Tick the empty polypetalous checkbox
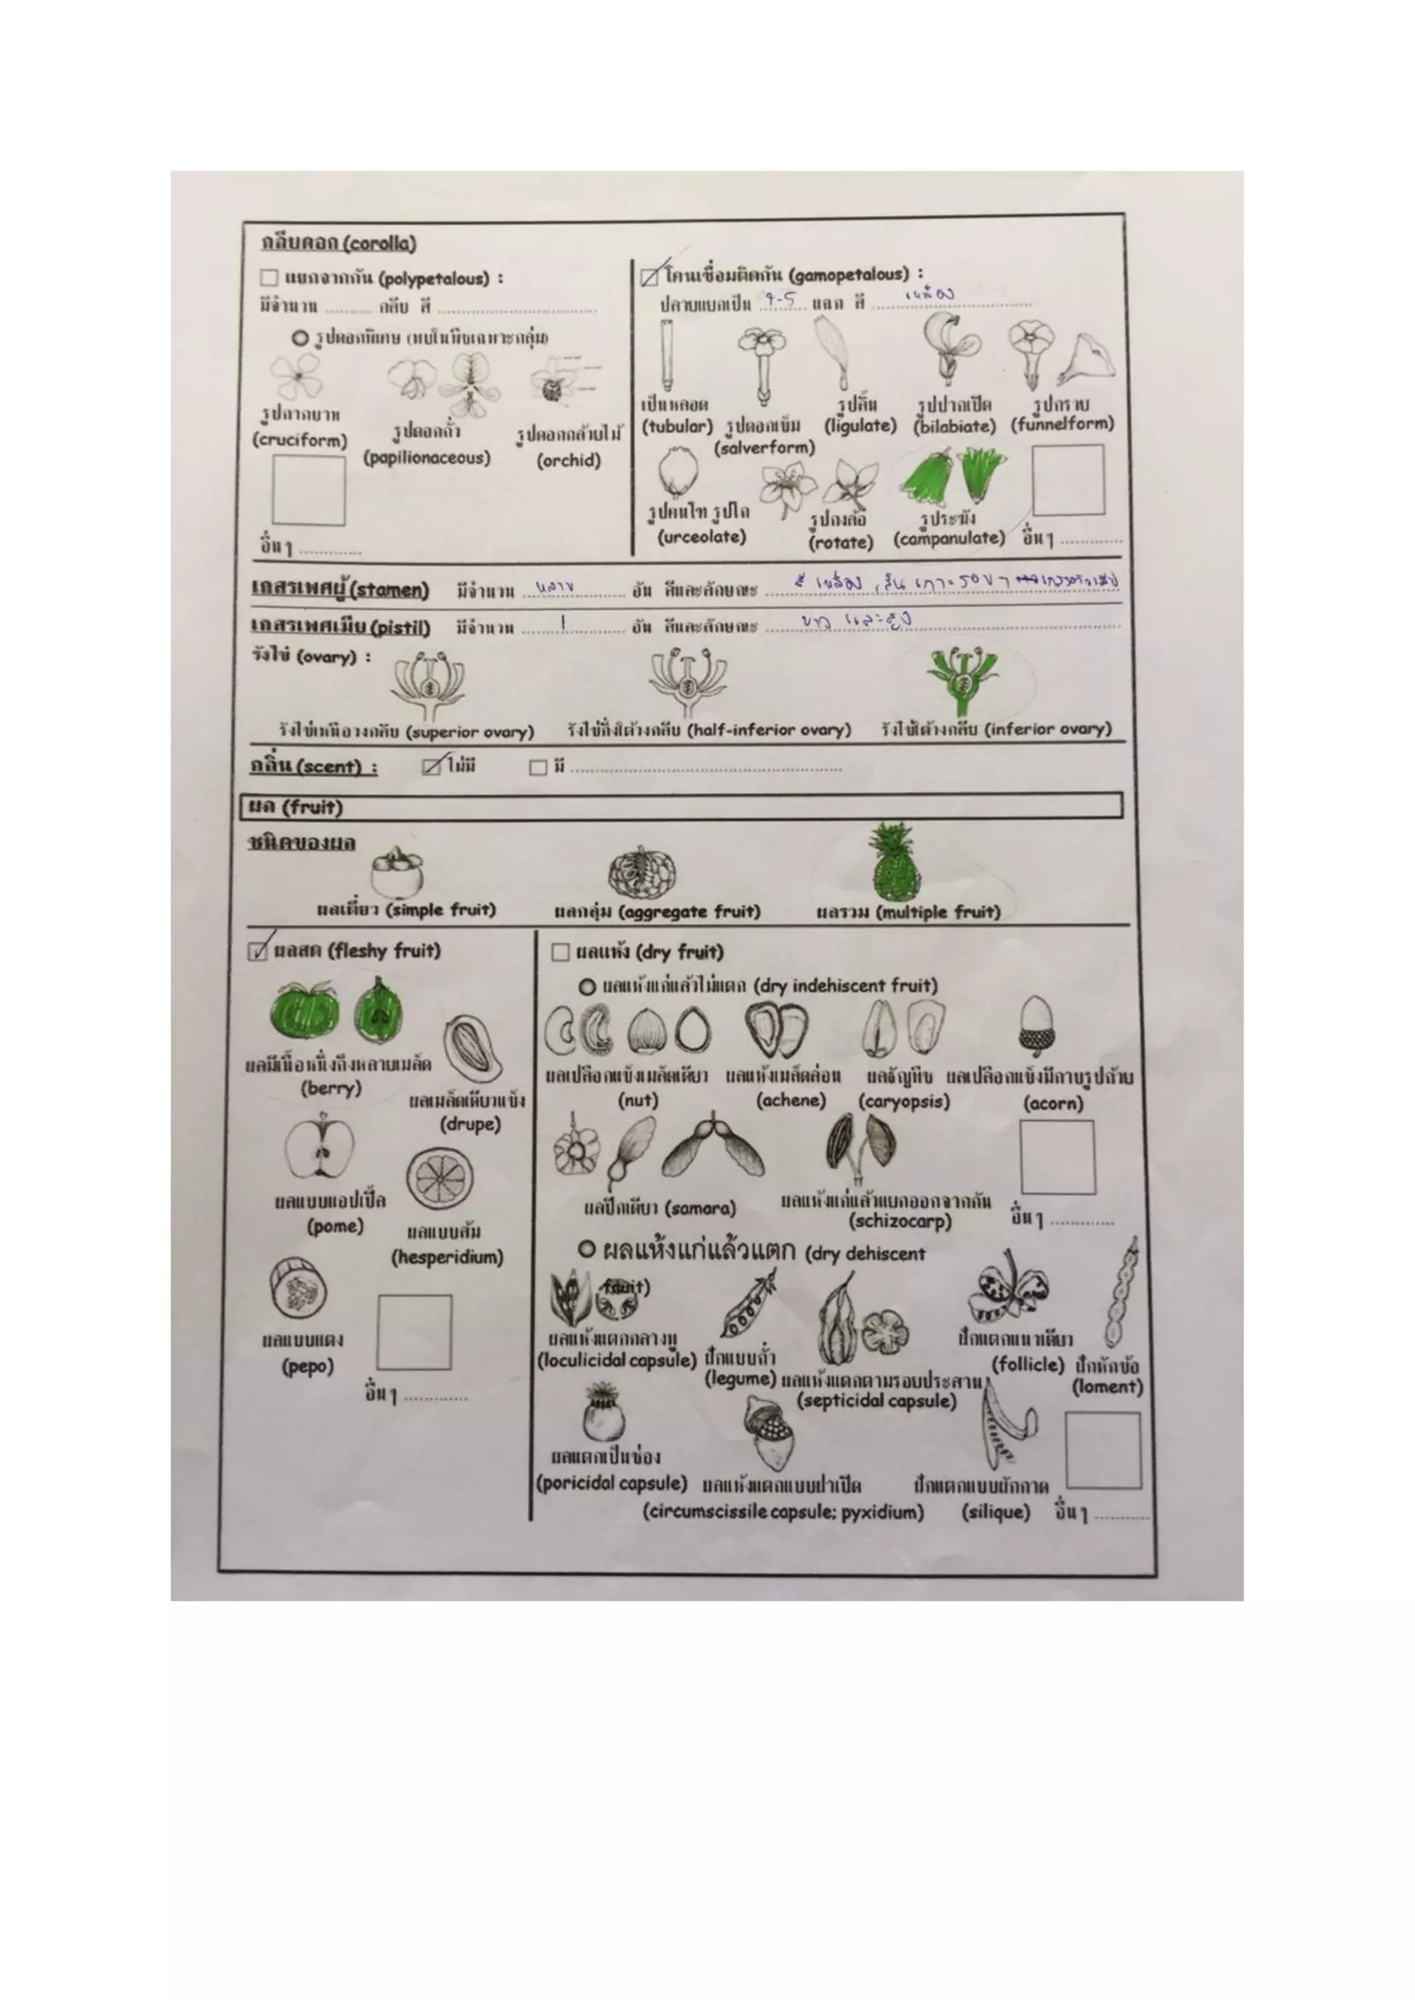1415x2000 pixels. coord(268,279)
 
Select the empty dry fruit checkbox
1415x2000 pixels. coord(560,952)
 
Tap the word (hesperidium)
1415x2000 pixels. coord(447,1257)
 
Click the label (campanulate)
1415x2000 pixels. coord(949,538)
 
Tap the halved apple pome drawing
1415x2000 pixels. coord(320,1150)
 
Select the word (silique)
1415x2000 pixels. coord(995,1512)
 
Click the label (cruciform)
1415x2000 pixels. coord(300,441)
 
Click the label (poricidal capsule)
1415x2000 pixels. coord(611,1483)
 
